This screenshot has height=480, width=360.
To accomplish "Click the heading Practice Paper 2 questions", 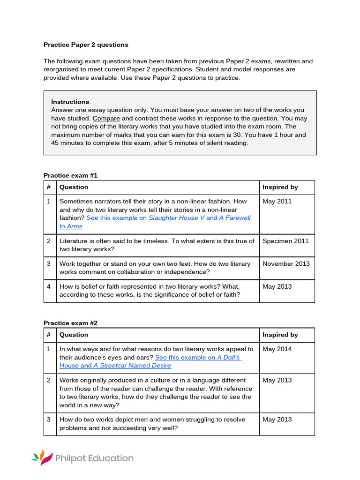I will pyautogui.click(x=86, y=45).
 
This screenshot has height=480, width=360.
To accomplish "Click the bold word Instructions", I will pyautogui.click(x=70, y=102).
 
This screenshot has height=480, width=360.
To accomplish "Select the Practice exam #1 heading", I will pyautogui.click(x=70, y=175).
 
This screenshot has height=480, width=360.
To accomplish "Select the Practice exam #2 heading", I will pyautogui.click(x=70, y=323).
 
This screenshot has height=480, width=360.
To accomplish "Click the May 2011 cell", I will pyautogui.click(x=277, y=202).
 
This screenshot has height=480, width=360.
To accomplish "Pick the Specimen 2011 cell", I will pyautogui.click(x=285, y=241).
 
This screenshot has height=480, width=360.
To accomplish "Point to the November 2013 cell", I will pyautogui.click(x=286, y=264).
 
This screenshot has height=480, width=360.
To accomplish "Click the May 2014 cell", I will pyautogui.click(x=277, y=349).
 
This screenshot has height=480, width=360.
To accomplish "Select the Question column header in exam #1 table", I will pyautogui.click(x=74, y=187).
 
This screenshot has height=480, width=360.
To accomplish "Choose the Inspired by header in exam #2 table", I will pyautogui.click(x=280, y=335).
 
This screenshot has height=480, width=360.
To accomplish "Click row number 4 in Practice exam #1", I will pyautogui.click(x=48, y=286).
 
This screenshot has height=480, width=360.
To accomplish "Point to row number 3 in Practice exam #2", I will pyautogui.click(x=48, y=420).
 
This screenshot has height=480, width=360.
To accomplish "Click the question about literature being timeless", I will pyautogui.click(x=157, y=245).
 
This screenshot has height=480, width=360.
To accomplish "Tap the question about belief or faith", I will pyautogui.click(x=149, y=291).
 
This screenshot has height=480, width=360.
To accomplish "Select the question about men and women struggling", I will pyautogui.click(x=152, y=424).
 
